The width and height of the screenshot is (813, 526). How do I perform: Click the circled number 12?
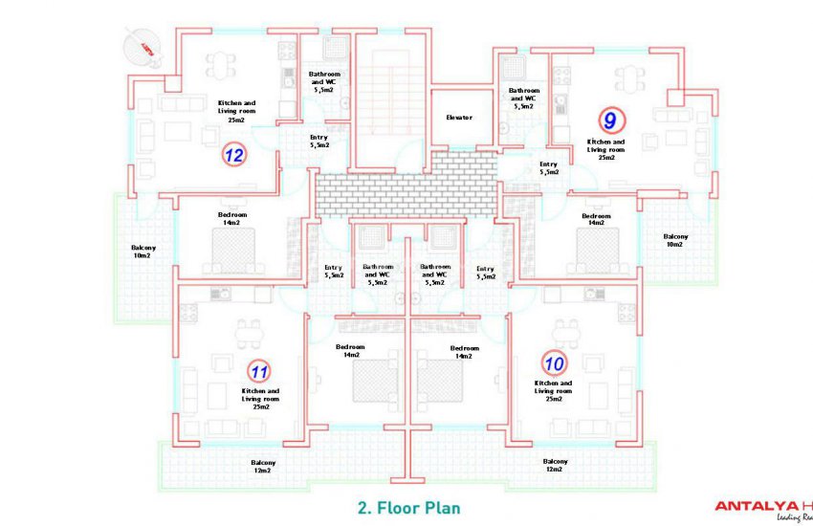(x=234, y=154)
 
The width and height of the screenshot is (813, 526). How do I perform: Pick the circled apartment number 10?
(x=553, y=363)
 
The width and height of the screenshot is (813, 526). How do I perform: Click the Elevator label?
(x=459, y=118)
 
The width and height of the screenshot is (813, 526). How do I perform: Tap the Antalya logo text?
(x=761, y=507)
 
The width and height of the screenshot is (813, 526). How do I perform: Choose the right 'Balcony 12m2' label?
(x=555, y=466)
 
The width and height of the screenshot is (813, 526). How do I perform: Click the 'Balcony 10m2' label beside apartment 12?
(x=143, y=252)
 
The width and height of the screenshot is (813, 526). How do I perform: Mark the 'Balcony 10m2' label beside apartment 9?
(x=674, y=240)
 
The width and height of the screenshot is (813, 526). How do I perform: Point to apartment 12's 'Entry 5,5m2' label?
(x=319, y=142)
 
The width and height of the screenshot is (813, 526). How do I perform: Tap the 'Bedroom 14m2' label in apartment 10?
(x=464, y=352)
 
